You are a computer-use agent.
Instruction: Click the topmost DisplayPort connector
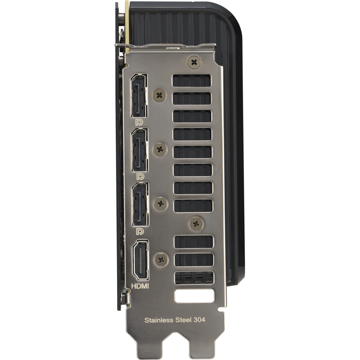(139, 96)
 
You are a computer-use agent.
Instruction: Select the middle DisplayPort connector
(140, 150)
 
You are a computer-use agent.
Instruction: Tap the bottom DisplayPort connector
(140, 205)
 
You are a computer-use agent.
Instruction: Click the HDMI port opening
(140, 260)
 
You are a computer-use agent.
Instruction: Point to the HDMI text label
(140, 287)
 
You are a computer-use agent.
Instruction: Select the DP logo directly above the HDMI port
(140, 232)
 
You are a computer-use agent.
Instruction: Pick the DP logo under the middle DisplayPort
(140, 177)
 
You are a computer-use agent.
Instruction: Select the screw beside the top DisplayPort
(159, 95)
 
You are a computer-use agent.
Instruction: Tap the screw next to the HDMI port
(161, 260)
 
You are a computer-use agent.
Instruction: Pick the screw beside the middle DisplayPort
(160, 149)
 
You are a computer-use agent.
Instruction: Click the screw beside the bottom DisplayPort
(161, 204)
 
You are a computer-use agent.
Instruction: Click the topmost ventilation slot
(191, 81)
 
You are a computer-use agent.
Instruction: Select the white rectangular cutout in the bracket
(194, 296)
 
